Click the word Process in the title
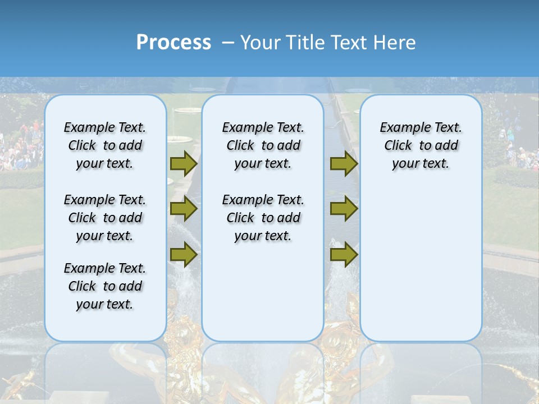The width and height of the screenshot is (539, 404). tap(173, 43)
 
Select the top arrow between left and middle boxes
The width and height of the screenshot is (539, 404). tap(184, 163)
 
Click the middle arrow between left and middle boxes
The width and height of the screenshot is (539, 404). tap(184, 209)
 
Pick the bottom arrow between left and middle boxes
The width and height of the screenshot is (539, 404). tap(184, 254)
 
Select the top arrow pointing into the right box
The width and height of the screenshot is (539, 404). tap(344, 163)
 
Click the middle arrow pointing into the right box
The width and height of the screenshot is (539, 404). tap(344, 209)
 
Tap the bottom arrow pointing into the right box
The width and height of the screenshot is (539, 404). tap(344, 254)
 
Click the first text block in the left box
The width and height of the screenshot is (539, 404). tap(105, 145)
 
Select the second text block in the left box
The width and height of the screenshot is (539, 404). tap(105, 218)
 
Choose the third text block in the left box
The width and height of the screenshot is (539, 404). tap(105, 286)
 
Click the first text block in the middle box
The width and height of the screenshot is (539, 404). tap(263, 145)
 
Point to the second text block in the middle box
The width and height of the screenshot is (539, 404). tap(263, 218)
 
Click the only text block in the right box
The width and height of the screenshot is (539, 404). tap(421, 145)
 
